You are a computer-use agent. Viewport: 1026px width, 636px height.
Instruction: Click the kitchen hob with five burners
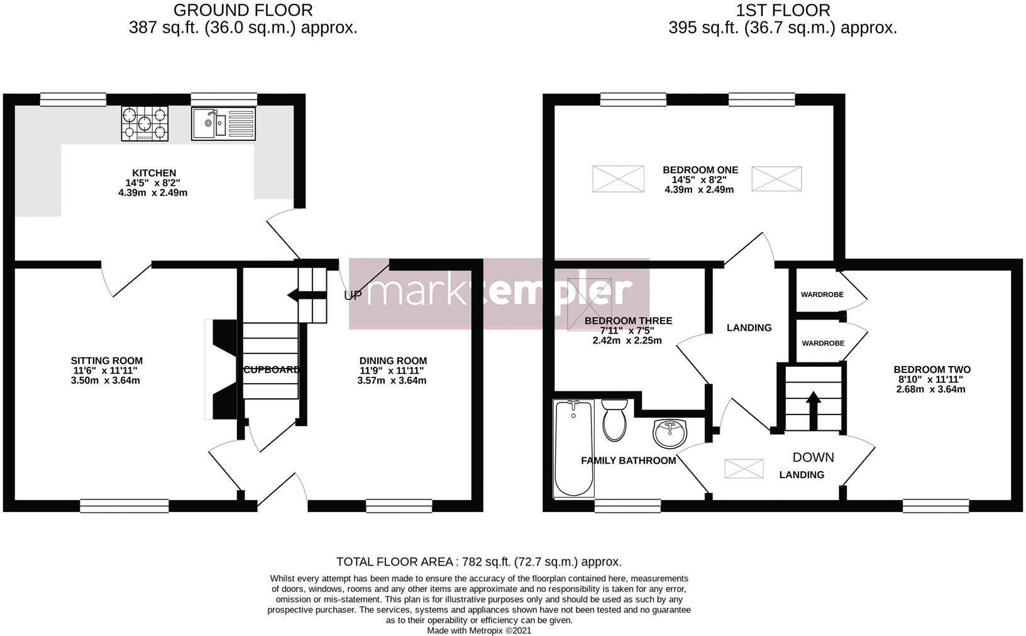coord(145,123)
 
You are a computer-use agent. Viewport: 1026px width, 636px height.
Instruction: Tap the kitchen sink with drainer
coord(224,123)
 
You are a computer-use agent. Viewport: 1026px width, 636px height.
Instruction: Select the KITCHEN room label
coord(153,173)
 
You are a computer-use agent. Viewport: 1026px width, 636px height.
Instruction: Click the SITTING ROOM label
coord(106,361)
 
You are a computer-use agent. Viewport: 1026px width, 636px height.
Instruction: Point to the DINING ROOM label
coord(393,361)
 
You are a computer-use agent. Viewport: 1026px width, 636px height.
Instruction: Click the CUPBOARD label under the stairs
coord(272,369)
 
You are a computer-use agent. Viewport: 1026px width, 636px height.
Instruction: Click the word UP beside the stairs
coord(353,295)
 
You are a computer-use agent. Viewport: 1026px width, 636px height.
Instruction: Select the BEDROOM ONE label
coord(700,170)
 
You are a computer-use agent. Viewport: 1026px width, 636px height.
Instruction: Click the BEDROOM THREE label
coord(628,321)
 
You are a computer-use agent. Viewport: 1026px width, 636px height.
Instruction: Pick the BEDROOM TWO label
coord(932,370)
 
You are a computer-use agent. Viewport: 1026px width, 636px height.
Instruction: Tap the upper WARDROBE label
coord(822,294)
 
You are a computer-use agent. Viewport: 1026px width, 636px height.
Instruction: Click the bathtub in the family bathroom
coord(573,448)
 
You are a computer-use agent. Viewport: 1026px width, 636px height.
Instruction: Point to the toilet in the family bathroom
coord(614,420)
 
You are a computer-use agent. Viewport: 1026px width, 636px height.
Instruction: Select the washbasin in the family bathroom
coord(671,433)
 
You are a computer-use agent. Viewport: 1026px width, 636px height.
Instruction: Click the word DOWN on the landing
coord(813,457)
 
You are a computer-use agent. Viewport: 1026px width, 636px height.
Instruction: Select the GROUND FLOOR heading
coord(243,10)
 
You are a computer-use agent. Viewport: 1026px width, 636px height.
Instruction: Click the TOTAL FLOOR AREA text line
coord(479,562)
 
